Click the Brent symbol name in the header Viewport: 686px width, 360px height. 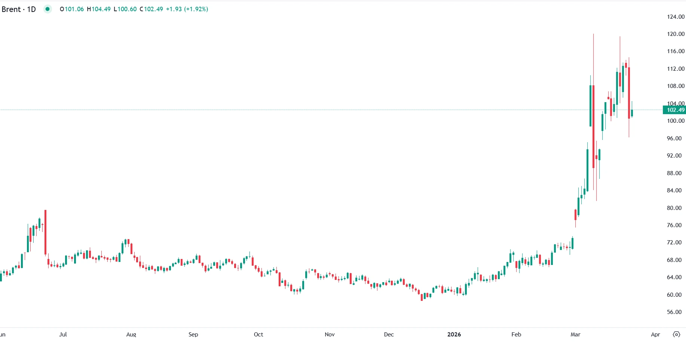pyautogui.click(x=11, y=9)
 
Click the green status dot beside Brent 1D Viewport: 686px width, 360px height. pyautogui.click(x=48, y=9)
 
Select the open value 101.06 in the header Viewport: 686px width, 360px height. pyautogui.click(x=74, y=9)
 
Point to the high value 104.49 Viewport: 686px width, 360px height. pyautogui.click(x=101, y=9)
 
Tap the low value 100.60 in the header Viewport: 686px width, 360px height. pyautogui.click(x=127, y=9)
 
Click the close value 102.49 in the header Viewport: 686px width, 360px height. pyautogui.click(x=153, y=9)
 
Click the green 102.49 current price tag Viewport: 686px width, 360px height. pyautogui.click(x=675, y=110)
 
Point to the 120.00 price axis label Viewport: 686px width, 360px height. pyautogui.click(x=676, y=34)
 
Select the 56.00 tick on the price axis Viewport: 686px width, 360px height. pyautogui.click(x=674, y=312)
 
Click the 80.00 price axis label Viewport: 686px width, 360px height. pyautogui.click(x=674, y=208)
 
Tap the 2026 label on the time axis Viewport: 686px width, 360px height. pyautogui.click(x=454, y=335)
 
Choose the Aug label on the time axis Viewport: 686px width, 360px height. pyautogui.click(x=131, y=335)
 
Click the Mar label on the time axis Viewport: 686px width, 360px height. pyautogui.click(x=575, y=335)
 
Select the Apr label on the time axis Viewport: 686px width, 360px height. pyautogui.click(x=655, y=335)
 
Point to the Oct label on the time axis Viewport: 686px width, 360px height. pyautogui.click(x=258, y=335)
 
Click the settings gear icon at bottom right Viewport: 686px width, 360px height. pyautogui.click(x=677, y=335)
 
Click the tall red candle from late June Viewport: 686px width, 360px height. pyautogui.click(x=45, y=232)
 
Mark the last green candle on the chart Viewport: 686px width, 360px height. pyautogui.click(x=632, y=113)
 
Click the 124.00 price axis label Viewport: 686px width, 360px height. pyautogui.click(x=676, y=17)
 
